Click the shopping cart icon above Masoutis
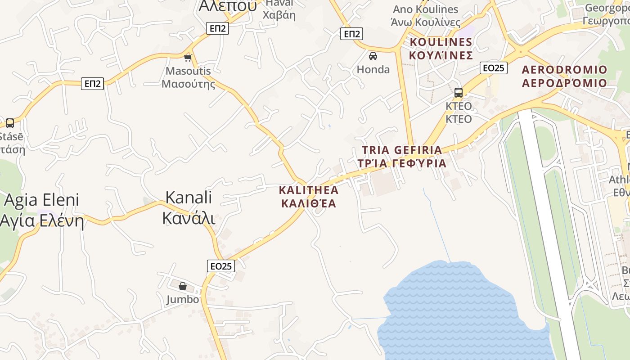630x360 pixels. click(x=188, y=58)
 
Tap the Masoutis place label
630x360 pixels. click(x=188, y=77)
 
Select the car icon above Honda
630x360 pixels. click(x=373, y=56)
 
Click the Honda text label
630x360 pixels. click(x=373, y=69)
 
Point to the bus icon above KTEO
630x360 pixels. click(x=458, y=93)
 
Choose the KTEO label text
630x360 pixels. click(x=459, y=112)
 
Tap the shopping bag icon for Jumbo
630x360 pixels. click(x=183, y=286)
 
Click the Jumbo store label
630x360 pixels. click(x=182, y=299)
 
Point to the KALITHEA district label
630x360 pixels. click(x=309, y=197)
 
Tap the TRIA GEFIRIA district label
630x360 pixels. click(x=402, y=156)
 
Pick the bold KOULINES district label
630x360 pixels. click(x=441, y=49)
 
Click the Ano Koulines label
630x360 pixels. click(x=425, y=15)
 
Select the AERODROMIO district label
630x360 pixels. click(x=564, y=76)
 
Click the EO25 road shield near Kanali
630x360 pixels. click(x=221, y=266)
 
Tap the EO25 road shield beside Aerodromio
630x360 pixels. click(x=494, y=68)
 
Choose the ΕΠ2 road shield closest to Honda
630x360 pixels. click(x=351, y=34)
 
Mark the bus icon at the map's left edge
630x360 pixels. click(x=9, y=123)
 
